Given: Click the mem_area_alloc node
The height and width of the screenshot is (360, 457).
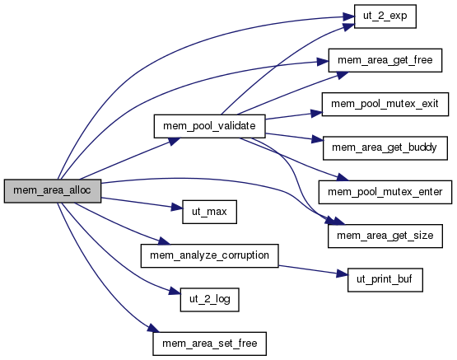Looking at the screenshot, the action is tap(53, 191).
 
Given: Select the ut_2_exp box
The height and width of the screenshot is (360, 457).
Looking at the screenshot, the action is tap(385, 16).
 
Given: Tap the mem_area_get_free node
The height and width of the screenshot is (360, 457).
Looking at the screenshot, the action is tap(385, 60).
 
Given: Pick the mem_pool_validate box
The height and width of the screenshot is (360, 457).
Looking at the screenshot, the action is tap(209, 126).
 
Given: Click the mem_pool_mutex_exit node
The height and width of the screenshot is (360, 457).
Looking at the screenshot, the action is tap(385, 105).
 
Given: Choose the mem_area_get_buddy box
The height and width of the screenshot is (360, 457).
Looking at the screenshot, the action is tap(385, 148).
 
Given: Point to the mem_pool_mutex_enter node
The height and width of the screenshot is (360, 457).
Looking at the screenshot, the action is tap(385, 192).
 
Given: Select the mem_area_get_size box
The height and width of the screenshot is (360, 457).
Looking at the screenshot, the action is tap(385, 236).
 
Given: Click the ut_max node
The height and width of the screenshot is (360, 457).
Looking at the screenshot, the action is tap(209, 212).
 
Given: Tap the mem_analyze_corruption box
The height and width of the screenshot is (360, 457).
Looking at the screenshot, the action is tap(209, 255).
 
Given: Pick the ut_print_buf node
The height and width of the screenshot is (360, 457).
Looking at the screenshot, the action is tap(385, 280).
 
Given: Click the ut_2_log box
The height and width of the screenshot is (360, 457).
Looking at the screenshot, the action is tap(209, 300).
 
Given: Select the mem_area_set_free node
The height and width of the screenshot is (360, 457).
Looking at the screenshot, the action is tap(209, 344).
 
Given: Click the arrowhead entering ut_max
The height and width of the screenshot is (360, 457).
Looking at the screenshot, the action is tap(176, 208).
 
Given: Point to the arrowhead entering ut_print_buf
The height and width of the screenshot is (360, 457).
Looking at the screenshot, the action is tap(343, 274).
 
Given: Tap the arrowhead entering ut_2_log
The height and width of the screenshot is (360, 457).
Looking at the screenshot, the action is tap(175, 291).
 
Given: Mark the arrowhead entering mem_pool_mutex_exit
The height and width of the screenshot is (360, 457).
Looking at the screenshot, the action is tap(316, 113).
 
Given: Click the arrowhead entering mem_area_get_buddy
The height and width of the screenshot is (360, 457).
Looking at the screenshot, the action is tap(317, 139).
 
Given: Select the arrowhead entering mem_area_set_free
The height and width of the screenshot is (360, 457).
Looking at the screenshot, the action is tap(153, 328).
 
